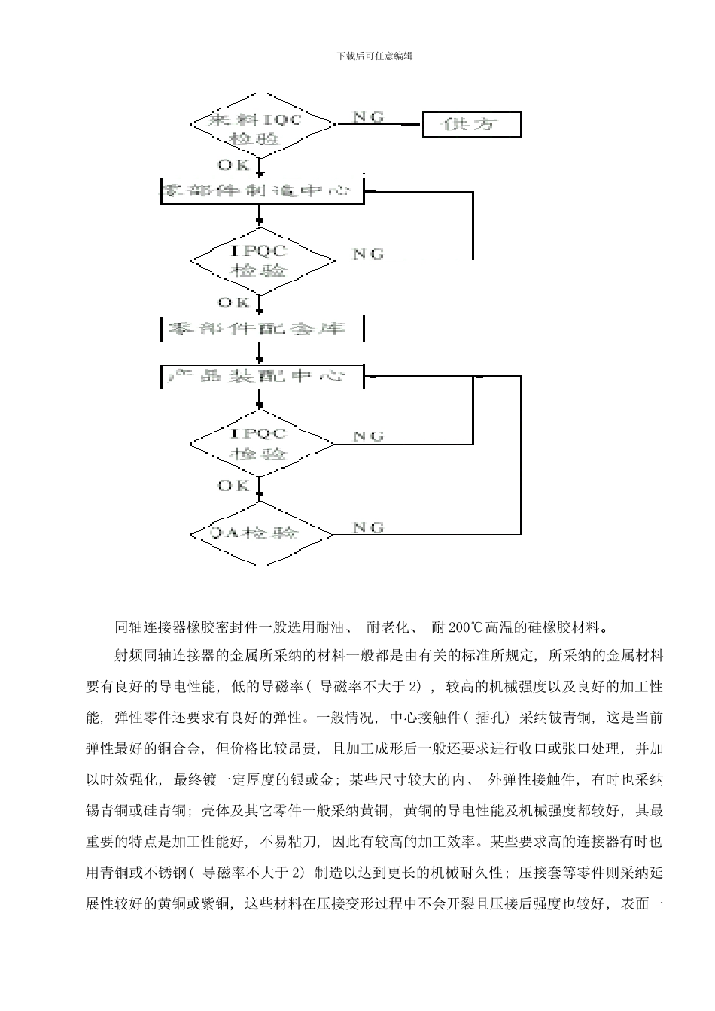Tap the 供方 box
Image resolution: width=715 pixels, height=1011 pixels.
coord(472,125)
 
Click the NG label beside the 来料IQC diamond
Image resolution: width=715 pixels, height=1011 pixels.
coord(368,117)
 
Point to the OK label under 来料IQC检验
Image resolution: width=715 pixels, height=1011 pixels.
coord(234,165)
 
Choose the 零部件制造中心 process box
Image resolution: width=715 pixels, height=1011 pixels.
coord(262,191)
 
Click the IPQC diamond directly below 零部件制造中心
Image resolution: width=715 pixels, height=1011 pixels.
coord(260,259)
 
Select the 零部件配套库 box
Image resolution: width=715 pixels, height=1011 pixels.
coord(262,329)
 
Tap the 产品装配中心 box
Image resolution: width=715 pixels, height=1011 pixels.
coord(262,376)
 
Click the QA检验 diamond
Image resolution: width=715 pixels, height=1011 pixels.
coord(260,533)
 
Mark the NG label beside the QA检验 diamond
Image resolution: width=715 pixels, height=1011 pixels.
coord(368,527)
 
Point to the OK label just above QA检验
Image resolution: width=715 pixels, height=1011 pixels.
coord(234,486)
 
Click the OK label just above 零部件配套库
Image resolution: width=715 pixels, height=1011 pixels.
coord(234,302)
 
